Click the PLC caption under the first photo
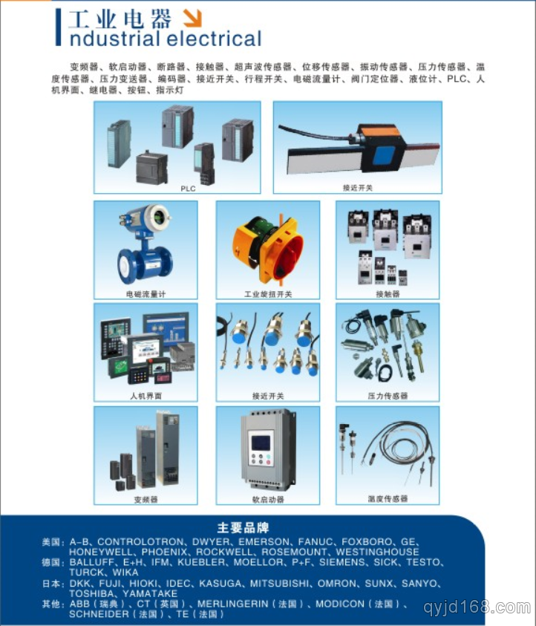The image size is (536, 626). pyautogui.click(x=188, y=189)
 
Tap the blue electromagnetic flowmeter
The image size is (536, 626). pyautogui.click(x=143, y=244)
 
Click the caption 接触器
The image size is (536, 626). pyautogui.click(x=388, y=294)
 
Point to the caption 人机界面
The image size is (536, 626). pyautogui.click(x=146, y=396)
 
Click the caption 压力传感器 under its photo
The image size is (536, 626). pyautogui.click(x=388, y=396)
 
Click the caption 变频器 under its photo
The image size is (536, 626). pyautogui.click(x=146, y=500)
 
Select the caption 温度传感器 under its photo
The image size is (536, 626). pyautogui.click(x=388, y=499)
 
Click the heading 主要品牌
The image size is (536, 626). pyautogui.click(x=243, y=528)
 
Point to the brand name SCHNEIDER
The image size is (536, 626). pyautogui.click(x=100, y=615)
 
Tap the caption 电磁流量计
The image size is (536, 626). pyautogui.click(x=146, y=294)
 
